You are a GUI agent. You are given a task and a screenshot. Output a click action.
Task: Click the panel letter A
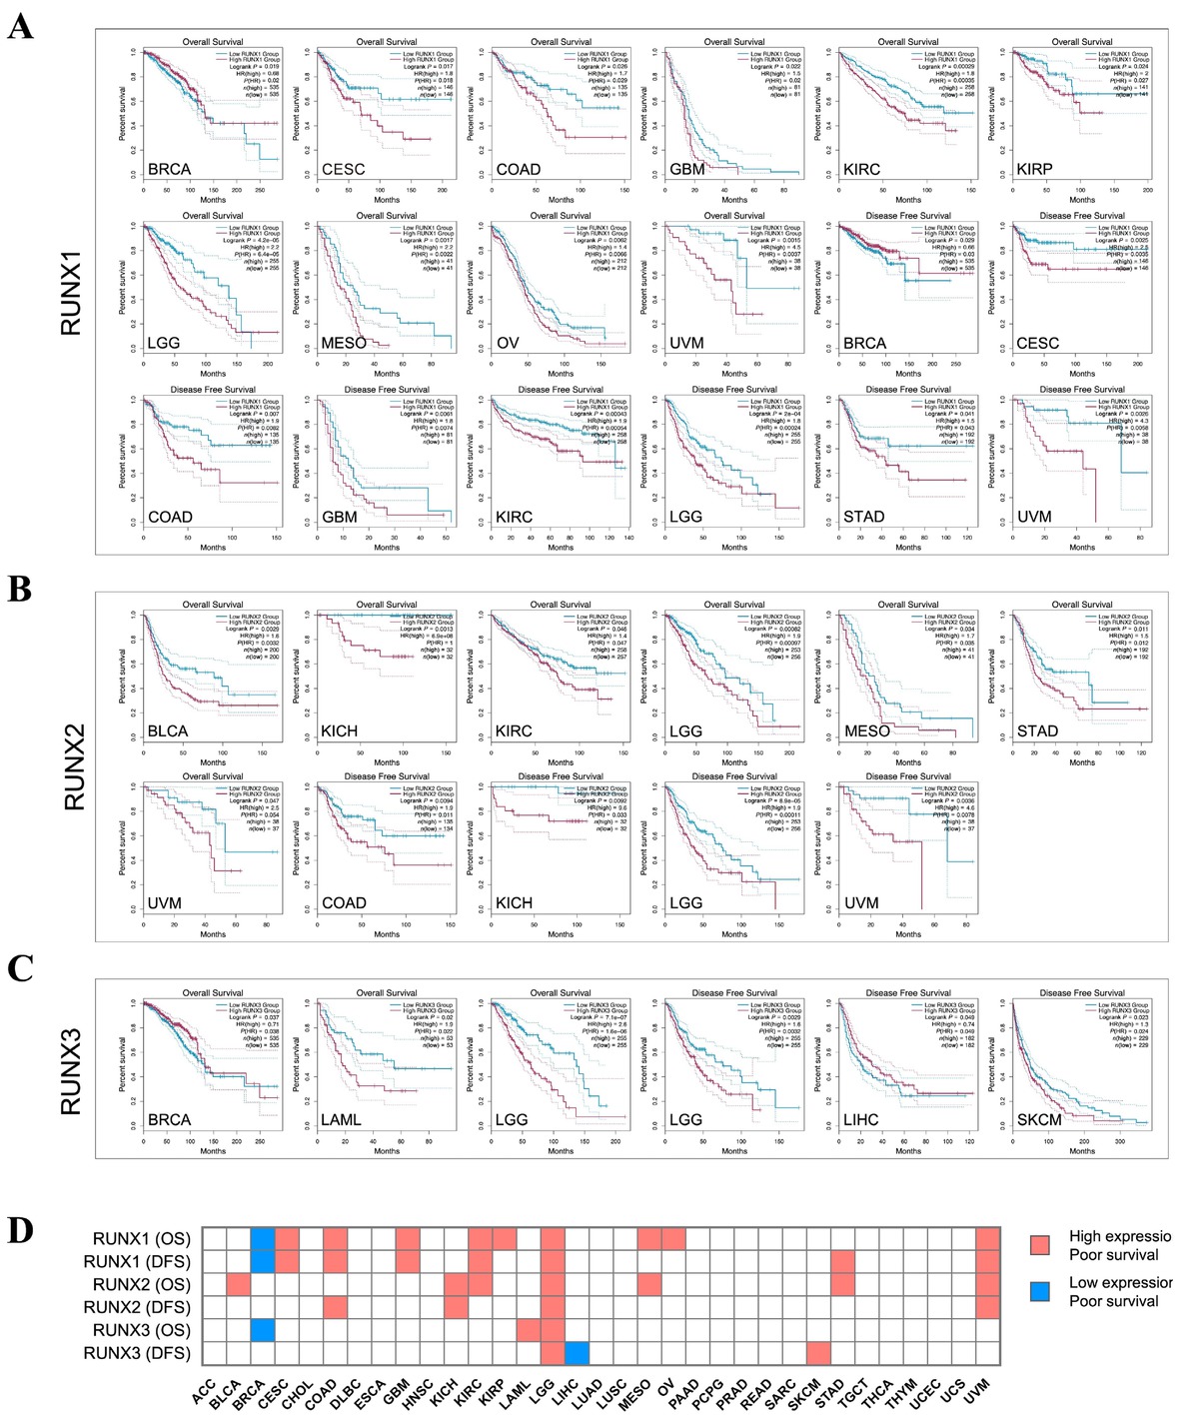[x=20, y=26]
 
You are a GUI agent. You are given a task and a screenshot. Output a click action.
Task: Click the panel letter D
[x=20, y=1231]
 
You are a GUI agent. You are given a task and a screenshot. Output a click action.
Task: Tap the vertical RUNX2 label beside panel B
[x=74, y=766]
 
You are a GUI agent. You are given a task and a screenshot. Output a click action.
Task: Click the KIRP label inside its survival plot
[x=1034, y=169]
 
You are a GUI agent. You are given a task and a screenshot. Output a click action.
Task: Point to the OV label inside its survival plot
[x=508, y=343]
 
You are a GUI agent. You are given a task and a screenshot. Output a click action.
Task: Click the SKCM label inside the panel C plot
[x=1038, y=1119]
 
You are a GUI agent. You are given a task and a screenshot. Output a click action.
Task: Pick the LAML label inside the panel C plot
[x=341, y=1119]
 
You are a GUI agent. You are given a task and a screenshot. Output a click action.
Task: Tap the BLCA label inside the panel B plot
[x=167, y=730]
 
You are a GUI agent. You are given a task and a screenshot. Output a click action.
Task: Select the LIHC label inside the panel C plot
[x=860, y=1119]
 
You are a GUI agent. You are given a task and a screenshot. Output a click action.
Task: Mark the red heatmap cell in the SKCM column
[x=819, y=1353]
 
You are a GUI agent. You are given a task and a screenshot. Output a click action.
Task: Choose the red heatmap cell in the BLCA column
[x=238, y=1284]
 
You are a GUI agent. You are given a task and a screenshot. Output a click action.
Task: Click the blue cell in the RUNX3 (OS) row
[x=262, y=1330]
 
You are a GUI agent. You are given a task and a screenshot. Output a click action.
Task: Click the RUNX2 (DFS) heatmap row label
[x=137, y=1307]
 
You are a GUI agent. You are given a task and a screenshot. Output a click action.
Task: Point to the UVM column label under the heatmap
[x=977, y=1390]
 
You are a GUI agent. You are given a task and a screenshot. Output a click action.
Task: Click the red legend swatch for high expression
[x=1040, y=1244]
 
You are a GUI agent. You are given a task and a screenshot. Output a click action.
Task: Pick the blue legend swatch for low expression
[x=1040, y=1291]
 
